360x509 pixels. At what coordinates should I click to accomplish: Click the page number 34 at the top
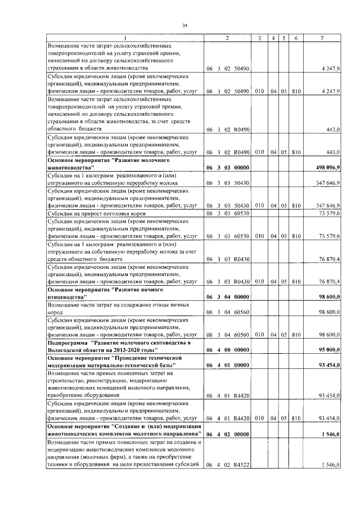click(184, 25)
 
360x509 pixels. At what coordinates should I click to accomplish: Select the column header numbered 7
click(322, 38)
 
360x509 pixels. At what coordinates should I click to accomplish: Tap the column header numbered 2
click(227, 38)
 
